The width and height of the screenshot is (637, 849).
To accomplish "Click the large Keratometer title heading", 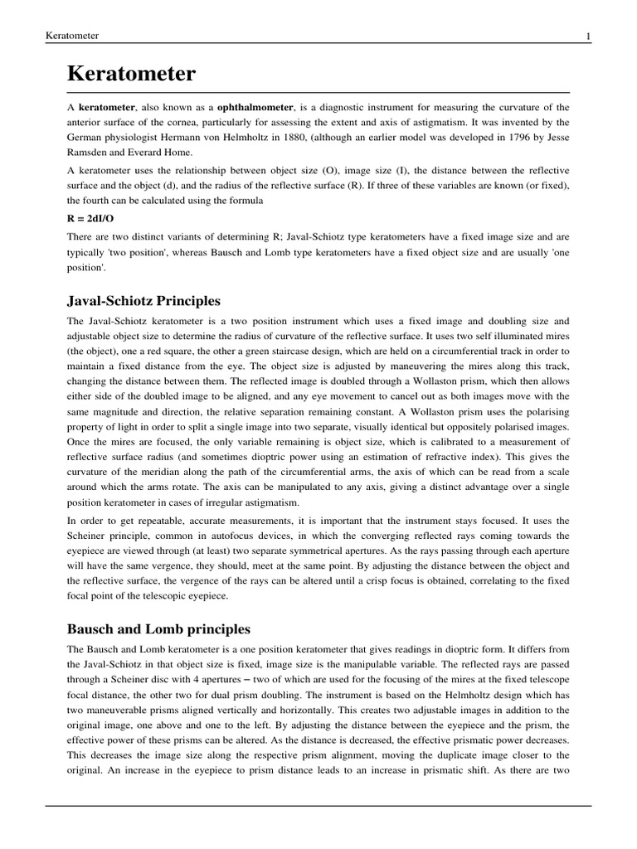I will tap(131, 75).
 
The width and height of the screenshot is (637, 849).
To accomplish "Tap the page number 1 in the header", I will tap(587, 36).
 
